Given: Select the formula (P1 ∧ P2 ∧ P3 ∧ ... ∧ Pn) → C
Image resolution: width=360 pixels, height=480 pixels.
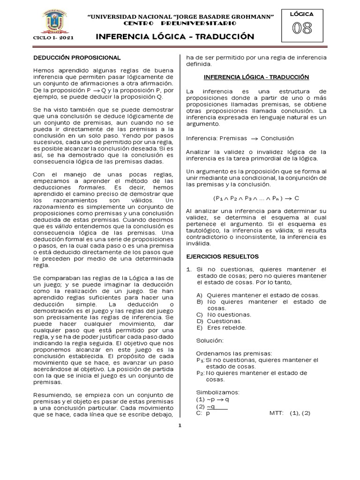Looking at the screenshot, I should tap(256, 198).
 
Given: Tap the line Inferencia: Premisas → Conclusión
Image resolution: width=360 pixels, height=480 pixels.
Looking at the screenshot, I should tap(240, 138).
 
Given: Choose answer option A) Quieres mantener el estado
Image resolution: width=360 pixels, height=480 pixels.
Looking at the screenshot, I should tap(258, 295).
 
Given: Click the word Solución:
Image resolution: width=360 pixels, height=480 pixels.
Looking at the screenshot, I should tap(210, 340).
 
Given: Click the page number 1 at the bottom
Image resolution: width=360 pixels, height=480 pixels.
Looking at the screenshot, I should tap(180, 426).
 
